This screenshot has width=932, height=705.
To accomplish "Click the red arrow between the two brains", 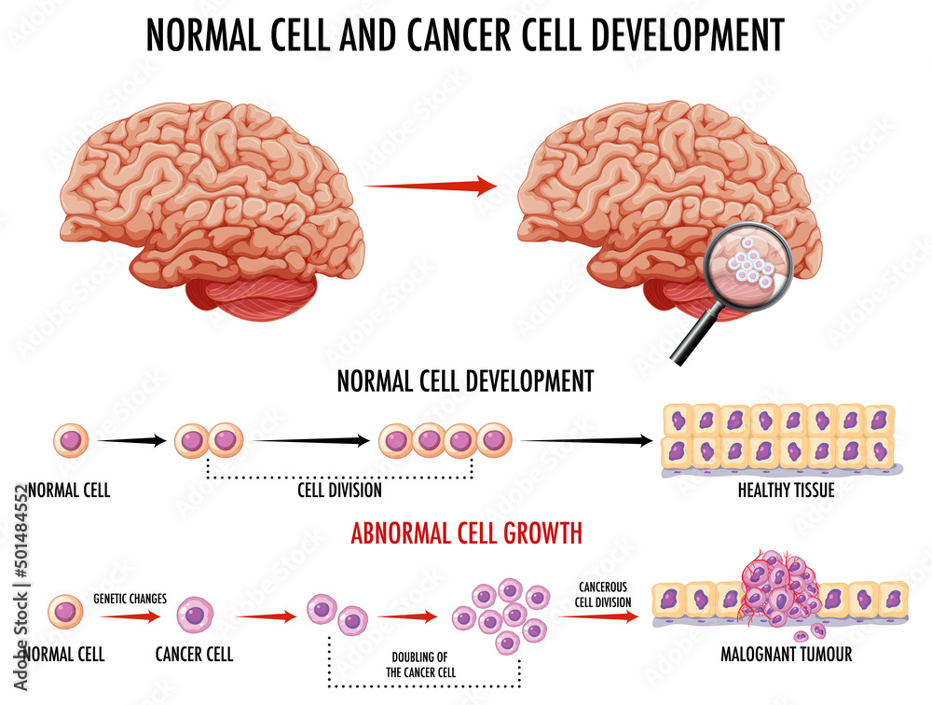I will tap(430, 187).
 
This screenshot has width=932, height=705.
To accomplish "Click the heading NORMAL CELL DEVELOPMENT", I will tap(465, 380).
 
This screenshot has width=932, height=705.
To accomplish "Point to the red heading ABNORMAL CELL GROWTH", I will tap(466, 533).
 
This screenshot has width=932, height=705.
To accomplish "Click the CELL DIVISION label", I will tap(340, 490).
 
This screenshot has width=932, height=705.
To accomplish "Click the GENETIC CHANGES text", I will tap(130, 599).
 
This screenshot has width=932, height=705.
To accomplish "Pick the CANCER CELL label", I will tap(194, 653).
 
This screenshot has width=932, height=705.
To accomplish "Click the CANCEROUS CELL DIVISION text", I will tap(603, 593).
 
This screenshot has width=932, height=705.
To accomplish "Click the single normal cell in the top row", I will tap(70, 439).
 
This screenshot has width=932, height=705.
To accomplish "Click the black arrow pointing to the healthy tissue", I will tap(587, 439).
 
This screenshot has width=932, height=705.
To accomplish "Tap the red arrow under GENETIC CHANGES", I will tap(130, 615).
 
